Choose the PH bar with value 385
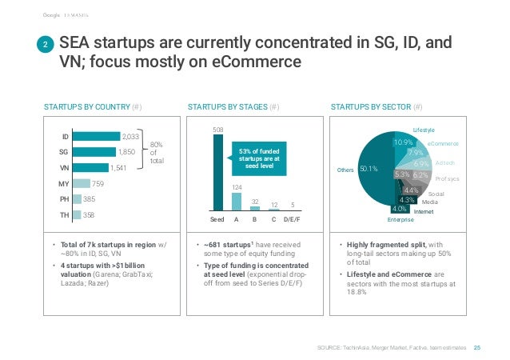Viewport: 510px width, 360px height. click(x=78, y=199)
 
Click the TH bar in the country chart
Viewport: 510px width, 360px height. click(x=78, y=215)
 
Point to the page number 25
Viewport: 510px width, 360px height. click(x=477, y=347)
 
